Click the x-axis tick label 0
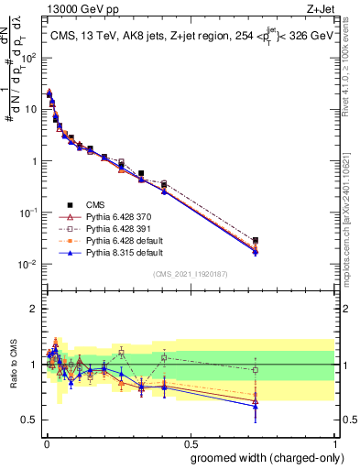click(x=46, y=442)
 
